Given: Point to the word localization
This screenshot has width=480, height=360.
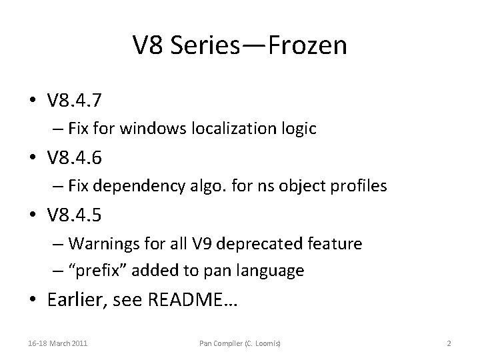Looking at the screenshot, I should click(235, 129).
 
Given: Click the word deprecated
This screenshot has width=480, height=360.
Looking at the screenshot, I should click(267, 243).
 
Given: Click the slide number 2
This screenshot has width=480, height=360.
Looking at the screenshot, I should click(449, 343).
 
